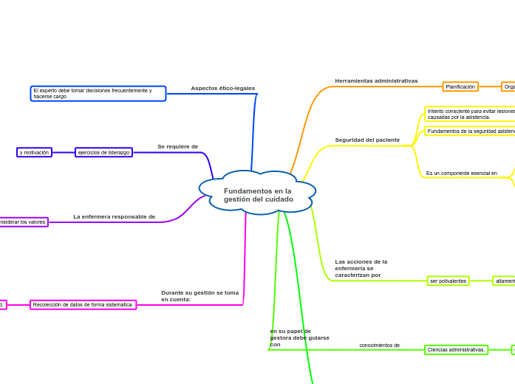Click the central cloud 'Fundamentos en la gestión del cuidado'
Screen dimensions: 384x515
(258, 195)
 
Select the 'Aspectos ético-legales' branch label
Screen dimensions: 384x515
(222, 88)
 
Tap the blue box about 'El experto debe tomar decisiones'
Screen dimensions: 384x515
(98, 94)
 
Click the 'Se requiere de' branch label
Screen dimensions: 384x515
(177, 146)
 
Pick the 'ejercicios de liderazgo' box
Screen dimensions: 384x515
(103, 152)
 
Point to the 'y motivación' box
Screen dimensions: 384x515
(34, 152)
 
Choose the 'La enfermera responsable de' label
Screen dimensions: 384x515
(114, 216)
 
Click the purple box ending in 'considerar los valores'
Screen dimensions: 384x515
(23, 222)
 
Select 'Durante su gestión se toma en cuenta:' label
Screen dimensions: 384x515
(199, 295)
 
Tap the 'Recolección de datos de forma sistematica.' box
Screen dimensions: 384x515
(83, 304)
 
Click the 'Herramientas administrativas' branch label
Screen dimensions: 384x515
(376, 80)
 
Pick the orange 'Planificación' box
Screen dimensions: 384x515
(460, 86)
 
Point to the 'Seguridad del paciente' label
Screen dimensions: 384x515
(367, 140)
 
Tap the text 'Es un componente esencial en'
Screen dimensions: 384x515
(461, 173)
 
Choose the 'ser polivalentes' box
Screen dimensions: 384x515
(448, 281)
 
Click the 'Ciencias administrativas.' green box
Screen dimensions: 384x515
(456, 349)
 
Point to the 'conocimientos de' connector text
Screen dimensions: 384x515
(379, 345)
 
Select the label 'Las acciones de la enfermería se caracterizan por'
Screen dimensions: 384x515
(361, 268)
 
